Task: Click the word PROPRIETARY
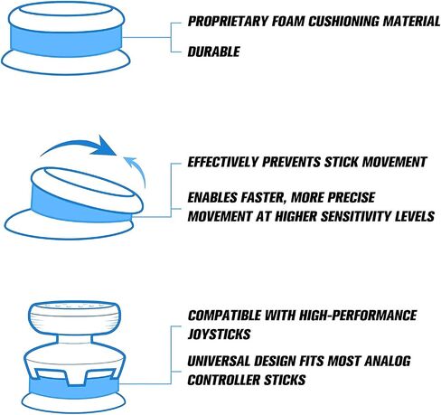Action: (228, 22)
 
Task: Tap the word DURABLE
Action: (213, 52)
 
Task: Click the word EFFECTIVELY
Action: (223, 162)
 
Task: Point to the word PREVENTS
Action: (291, 162)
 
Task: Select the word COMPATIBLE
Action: (224, 316)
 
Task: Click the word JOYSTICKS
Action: (219, 335)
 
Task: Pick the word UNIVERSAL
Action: (219, 361)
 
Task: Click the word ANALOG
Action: (388, 361)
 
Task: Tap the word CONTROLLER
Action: (224, 380)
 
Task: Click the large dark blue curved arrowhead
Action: (104, 146)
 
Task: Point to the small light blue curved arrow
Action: (136, 170)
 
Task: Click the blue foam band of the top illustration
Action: (66, 41)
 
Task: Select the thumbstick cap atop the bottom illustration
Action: (75, 318)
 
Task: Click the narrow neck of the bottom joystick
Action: (74, 339)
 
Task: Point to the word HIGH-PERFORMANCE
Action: (357, 316)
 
